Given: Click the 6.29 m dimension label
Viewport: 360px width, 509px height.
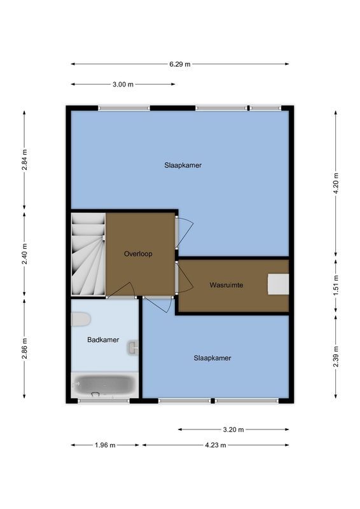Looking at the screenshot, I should (179, 64).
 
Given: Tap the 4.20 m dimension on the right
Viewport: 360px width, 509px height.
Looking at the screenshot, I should (335, 183).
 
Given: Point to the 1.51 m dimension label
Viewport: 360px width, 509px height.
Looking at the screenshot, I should (335, 283).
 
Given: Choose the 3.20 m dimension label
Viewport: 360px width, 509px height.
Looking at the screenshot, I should (233, 429).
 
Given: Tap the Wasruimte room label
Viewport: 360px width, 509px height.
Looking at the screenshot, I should (226, 285).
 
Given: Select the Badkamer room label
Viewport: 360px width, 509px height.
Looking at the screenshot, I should (102, 340).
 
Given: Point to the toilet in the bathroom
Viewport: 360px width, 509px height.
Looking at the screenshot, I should (82, 320).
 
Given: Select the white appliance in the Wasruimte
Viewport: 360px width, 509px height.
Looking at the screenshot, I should (279, 284).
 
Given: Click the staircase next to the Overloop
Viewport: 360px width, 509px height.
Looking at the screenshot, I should (87, 254).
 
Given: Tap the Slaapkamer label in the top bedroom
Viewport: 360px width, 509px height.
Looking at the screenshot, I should (184, 165).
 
